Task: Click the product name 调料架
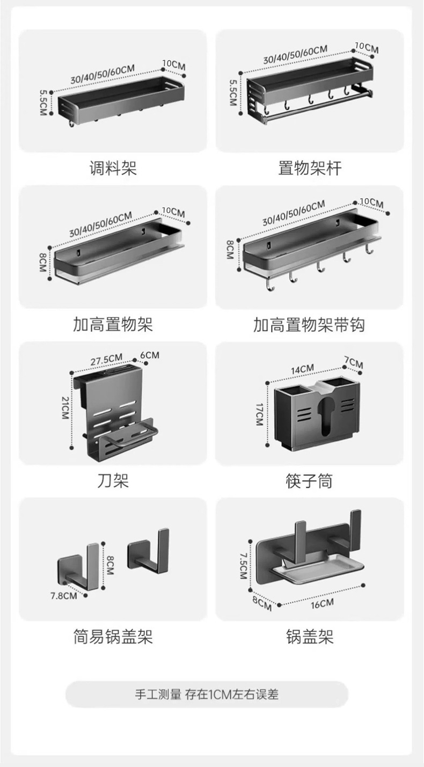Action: pos(113,169)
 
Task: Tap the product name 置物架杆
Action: pos(309,169)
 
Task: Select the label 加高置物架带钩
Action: pos(309,325)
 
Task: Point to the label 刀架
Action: pos(113,480)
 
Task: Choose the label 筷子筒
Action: pos(309,481)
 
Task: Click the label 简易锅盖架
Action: pos(113,637)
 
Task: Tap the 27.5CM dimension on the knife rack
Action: pos(106,360)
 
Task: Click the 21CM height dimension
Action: pos(65,408)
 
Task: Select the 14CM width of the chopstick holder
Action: pos(302,369)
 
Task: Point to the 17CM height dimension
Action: pos(260,414)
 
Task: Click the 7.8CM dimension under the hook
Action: pos(63,595)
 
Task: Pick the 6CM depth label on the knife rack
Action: pos(150,355)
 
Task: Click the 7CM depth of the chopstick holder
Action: pos(354,363)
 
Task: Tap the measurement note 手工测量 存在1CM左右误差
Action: pos(207,695)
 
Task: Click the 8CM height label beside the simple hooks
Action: pos(109,565)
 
